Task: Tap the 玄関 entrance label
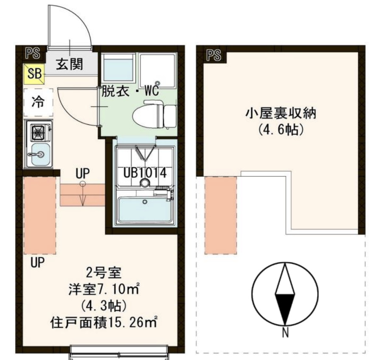(x=70, y=65)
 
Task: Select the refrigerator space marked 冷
(x=38, y=102)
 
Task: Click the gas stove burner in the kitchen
(x=38, y=133)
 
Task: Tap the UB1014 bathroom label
(x=144, y=173)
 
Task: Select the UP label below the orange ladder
(x=37, y=263)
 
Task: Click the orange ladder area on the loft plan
(x=221, y=215)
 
